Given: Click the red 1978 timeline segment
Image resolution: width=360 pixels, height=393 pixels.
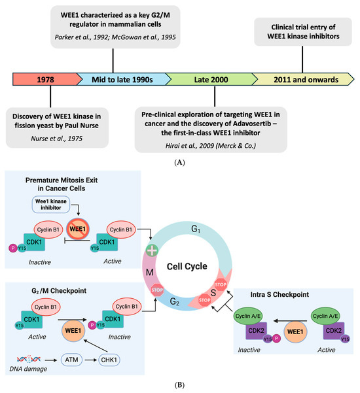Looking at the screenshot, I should (43, 80).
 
